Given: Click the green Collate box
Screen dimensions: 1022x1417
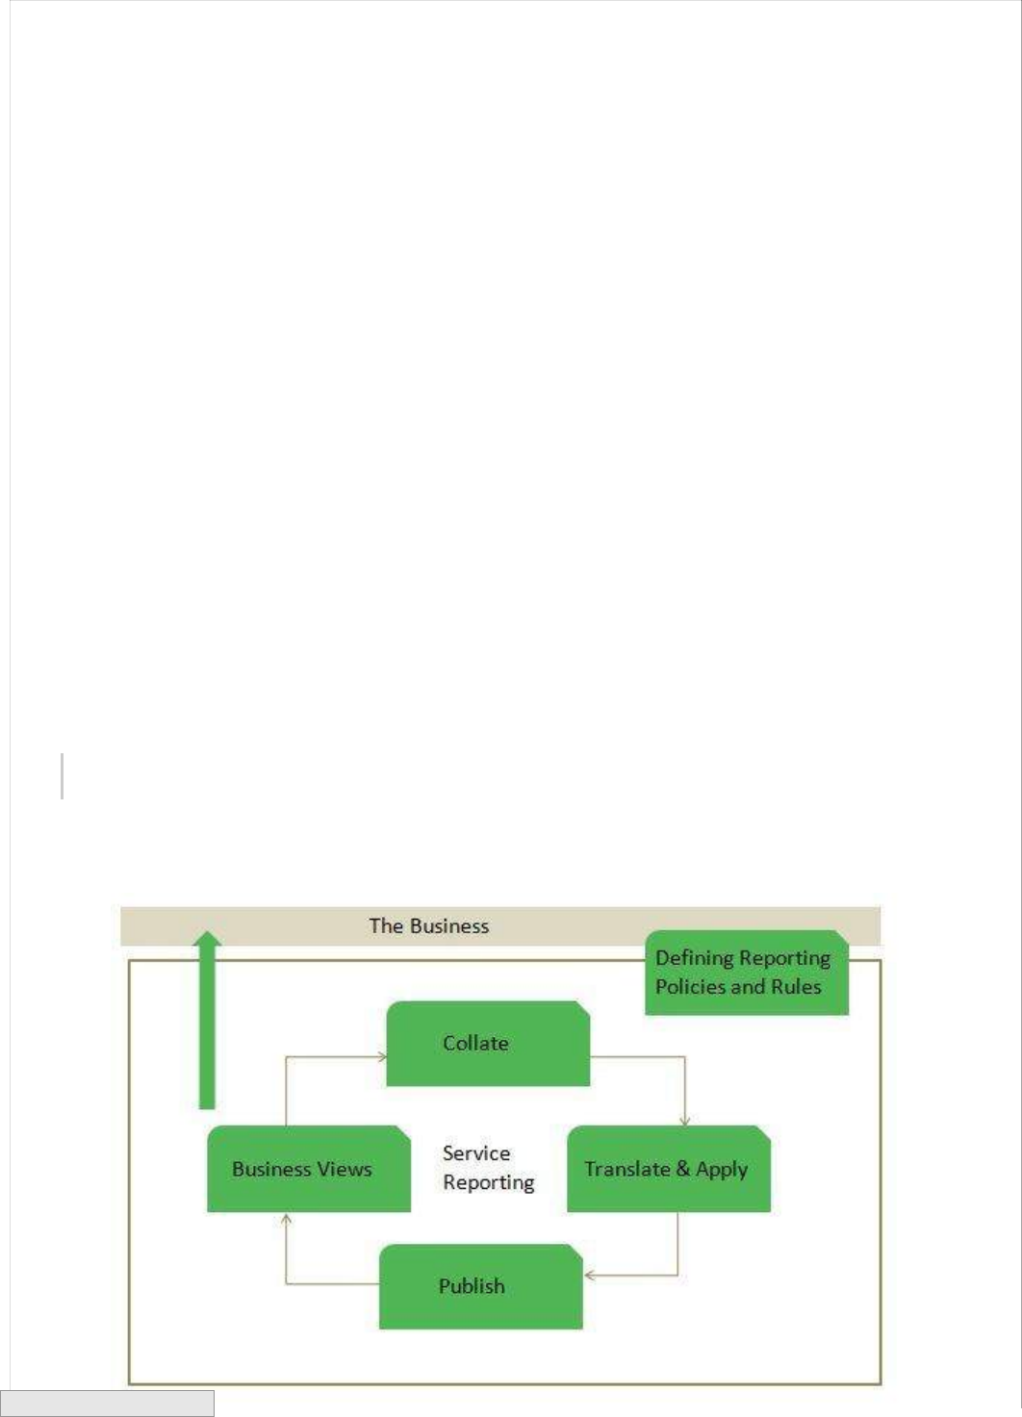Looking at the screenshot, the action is click(x=487, y=1044).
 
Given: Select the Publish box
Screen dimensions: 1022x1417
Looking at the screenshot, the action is click(x=480, y=1286).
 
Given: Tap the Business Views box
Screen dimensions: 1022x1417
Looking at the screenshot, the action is click(x=308, y=1169).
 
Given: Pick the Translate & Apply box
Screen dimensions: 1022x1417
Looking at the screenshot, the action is click(x=668, y=1169).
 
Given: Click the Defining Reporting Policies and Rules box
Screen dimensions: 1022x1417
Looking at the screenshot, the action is click(x=746, y=973).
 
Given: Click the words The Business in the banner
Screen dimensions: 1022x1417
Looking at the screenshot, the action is click(x=429, y=926).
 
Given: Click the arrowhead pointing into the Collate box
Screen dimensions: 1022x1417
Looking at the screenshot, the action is click(x=381, y=1056).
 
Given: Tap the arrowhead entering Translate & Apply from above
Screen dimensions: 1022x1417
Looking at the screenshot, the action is click(x=685, y=1121).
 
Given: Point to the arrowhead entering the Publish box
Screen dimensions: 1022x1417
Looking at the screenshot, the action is click(x=589, y=1276).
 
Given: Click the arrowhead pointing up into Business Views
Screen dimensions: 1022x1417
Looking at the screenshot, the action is click(x=286, y=1219).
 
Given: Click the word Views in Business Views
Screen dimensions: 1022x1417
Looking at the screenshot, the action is click(x=345, y=1169).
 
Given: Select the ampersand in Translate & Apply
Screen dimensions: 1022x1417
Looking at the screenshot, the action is click(x=683, y=1169).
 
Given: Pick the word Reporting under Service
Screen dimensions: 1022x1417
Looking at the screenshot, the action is click(x=488, y=1182).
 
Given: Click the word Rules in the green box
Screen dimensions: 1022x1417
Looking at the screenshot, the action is click(x=796, y=987).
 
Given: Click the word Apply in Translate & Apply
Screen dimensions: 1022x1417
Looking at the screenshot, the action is click(x=722, y=1170).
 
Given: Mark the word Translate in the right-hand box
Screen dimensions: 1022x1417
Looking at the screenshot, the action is click(x=627, y=1169).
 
